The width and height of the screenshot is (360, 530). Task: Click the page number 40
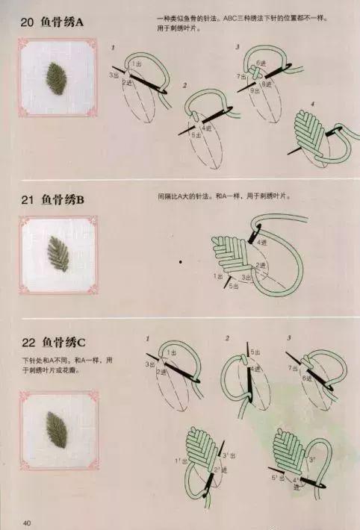click(28, 521)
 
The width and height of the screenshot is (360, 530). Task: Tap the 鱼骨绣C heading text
click(64, 343)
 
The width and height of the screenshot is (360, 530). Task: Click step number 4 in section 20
click(312, 103)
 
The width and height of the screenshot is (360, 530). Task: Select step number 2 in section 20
click(184, 86)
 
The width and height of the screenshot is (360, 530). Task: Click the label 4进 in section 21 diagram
click(262, 243)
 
